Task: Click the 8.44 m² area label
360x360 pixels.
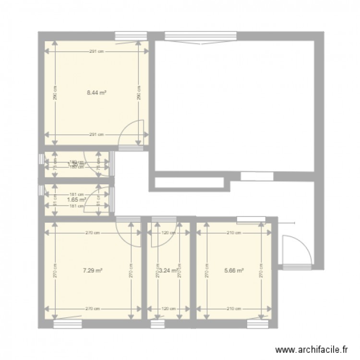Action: coord(96,94)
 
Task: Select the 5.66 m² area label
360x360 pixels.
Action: coord(234,270)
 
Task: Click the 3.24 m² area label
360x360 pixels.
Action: coord(169,270)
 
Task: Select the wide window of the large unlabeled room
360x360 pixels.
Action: coord(201,36)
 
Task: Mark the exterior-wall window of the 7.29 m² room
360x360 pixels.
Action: coord(67,324)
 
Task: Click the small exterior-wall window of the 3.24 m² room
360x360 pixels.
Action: coord(157,324)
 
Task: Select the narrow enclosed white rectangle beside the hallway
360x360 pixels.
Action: coord(190,183)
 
